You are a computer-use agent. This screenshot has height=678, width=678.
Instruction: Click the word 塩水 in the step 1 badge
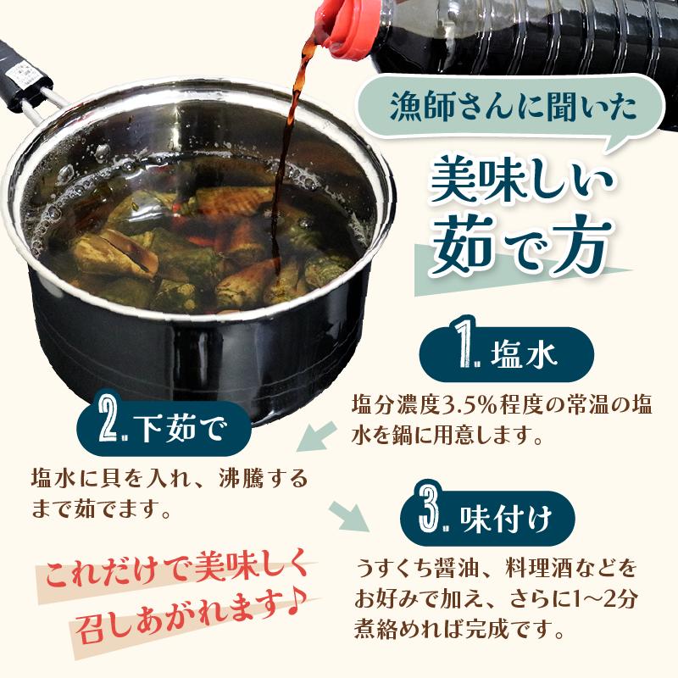pyautogui.click(x=523, y=356)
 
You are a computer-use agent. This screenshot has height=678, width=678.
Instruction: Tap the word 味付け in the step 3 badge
pyautogui.click(x=506, y=520)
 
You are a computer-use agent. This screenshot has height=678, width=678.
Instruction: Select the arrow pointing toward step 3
pyautogui.click(x=349, y=516)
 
